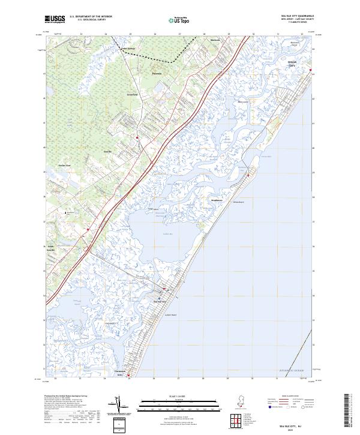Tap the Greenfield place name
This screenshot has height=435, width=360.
[132, 95]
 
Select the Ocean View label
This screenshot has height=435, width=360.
[64, 165]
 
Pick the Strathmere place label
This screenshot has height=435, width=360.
[217, 200]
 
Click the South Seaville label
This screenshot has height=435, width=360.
[51, 248]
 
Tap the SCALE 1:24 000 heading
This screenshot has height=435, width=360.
[175, 396]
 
